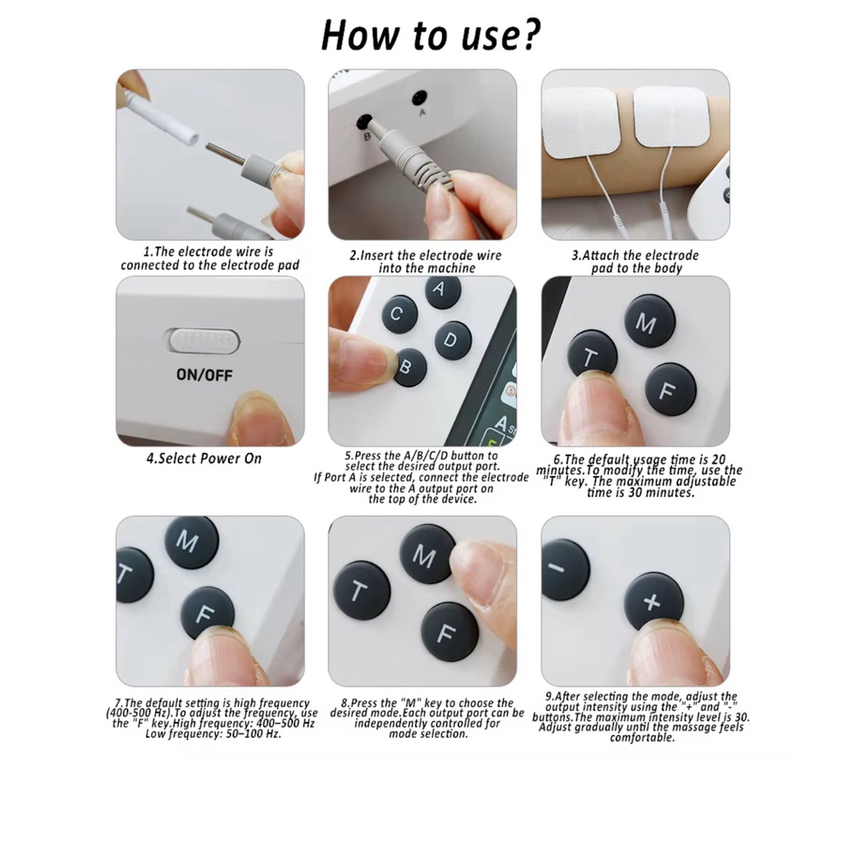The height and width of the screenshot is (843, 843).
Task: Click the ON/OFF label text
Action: point(204,375)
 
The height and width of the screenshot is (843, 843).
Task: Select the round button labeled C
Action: point(399,314)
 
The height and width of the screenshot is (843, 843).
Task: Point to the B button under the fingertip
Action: point(410,367)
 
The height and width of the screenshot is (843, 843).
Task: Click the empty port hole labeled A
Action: point(419,99)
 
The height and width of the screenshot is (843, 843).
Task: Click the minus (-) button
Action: point(565,570)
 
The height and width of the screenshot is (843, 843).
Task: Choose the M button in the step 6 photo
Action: point(650,321)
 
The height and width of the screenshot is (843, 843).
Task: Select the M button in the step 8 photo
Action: point(427,554)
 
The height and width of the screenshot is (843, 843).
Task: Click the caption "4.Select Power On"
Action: point(204,459)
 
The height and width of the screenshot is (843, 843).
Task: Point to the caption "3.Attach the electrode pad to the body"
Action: point(636,261)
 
